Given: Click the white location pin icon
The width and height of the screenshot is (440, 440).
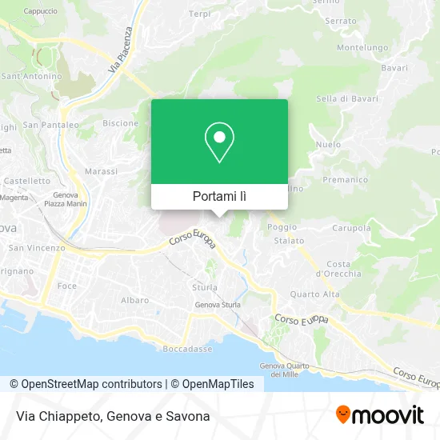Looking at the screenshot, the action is coord(219,142).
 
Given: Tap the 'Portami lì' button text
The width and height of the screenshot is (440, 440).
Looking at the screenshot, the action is coord(219,196).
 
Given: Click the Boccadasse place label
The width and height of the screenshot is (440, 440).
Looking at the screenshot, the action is coord(187,349).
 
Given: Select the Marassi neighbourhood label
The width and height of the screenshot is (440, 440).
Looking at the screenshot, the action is coord(101,171).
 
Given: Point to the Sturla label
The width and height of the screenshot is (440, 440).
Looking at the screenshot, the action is coord(204,286).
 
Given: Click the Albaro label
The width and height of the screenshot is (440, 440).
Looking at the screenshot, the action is coord(134,300).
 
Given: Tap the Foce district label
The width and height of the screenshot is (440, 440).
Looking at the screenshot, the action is coord(67,286).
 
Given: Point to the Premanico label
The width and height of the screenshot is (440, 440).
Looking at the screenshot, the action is coord(346,181).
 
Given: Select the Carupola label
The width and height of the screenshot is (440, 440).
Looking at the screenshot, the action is coord(351,228).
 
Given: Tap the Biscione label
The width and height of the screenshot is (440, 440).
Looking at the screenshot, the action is coord(120,123).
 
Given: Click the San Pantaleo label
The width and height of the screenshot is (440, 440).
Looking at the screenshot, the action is coord(50,125).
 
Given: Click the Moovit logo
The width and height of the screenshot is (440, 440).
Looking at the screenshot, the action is coord(379,415).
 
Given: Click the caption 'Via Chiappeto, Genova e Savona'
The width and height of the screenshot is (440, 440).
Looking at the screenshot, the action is coord(112,416).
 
